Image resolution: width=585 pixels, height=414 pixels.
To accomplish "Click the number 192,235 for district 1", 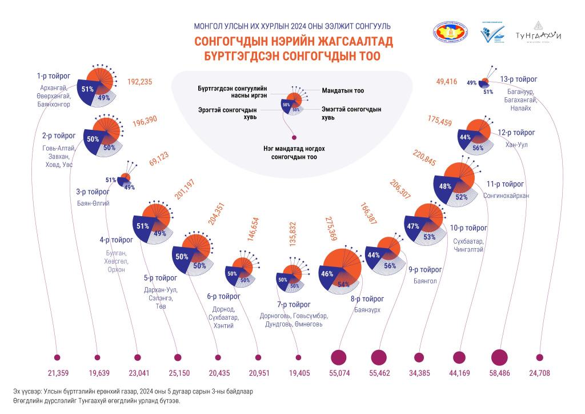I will pyautogui.click(x=139, y=82).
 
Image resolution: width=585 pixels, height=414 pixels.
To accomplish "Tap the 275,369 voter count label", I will pyautogui.click(x=330, y=229).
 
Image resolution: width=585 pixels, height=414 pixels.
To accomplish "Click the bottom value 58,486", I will pyautogui.click(x=500, y=373).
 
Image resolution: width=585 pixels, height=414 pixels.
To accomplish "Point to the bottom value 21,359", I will pyautogui.click(x=57, y=373).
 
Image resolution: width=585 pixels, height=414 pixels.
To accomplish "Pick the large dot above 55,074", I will pyautogui.click(x=339, y=357).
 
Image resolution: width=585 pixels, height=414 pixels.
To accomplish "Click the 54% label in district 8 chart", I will pyautogui.click(x=344, y=284).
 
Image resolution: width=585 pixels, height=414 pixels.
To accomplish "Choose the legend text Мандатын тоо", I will pyautogui.click(x=343, y=90).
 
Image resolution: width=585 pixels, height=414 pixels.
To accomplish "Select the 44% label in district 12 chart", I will pyautogui.click(x=465, y=137).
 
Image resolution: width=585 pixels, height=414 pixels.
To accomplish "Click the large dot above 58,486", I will pyautogui.click(x=500, y=357).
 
